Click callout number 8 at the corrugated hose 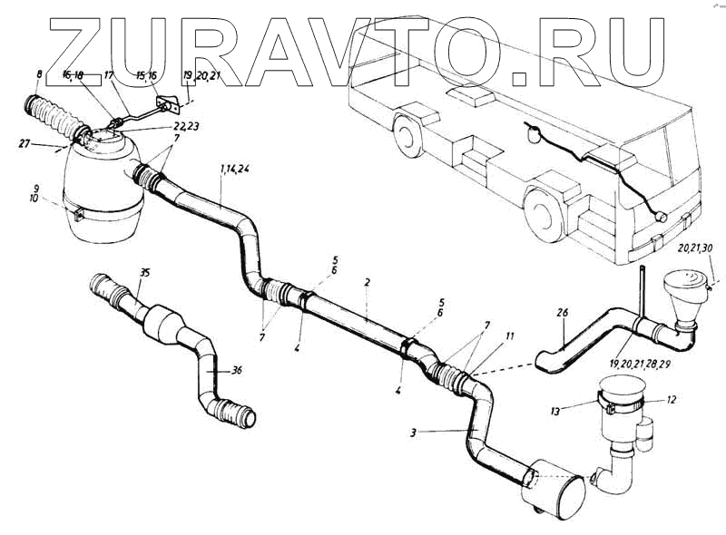(37, 75)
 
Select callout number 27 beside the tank (25, 142)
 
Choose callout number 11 (510, 336)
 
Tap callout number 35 (143, 271)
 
